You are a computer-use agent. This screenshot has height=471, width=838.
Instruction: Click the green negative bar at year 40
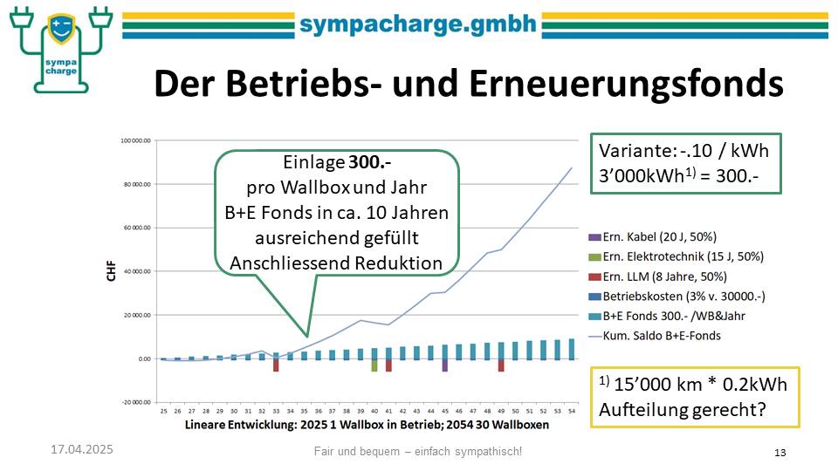374,365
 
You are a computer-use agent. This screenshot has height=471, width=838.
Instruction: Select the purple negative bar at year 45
444,365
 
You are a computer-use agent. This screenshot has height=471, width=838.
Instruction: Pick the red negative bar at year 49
501,365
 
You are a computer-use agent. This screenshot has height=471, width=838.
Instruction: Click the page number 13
780,452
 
